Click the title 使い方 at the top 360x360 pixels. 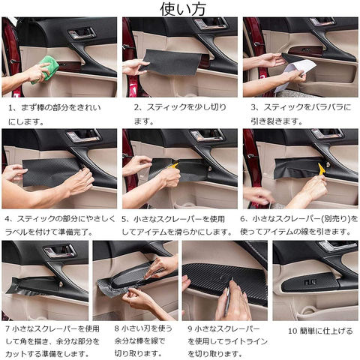(183, 9)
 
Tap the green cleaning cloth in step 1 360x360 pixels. (46, 69)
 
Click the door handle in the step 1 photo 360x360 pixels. (82, 33)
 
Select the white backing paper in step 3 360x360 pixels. (295, 74)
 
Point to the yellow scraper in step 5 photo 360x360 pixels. (173, 166)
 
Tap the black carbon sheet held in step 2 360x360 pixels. (171, 62)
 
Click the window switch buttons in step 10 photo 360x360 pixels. (310, 282)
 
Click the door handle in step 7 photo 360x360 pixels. (60, 251)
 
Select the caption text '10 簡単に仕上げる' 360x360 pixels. (320, 331)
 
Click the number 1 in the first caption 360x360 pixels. (10, 108)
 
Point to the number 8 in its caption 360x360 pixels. (117, 328)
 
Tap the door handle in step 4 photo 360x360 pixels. (83, 136)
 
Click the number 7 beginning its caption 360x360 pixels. (7, 328)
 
